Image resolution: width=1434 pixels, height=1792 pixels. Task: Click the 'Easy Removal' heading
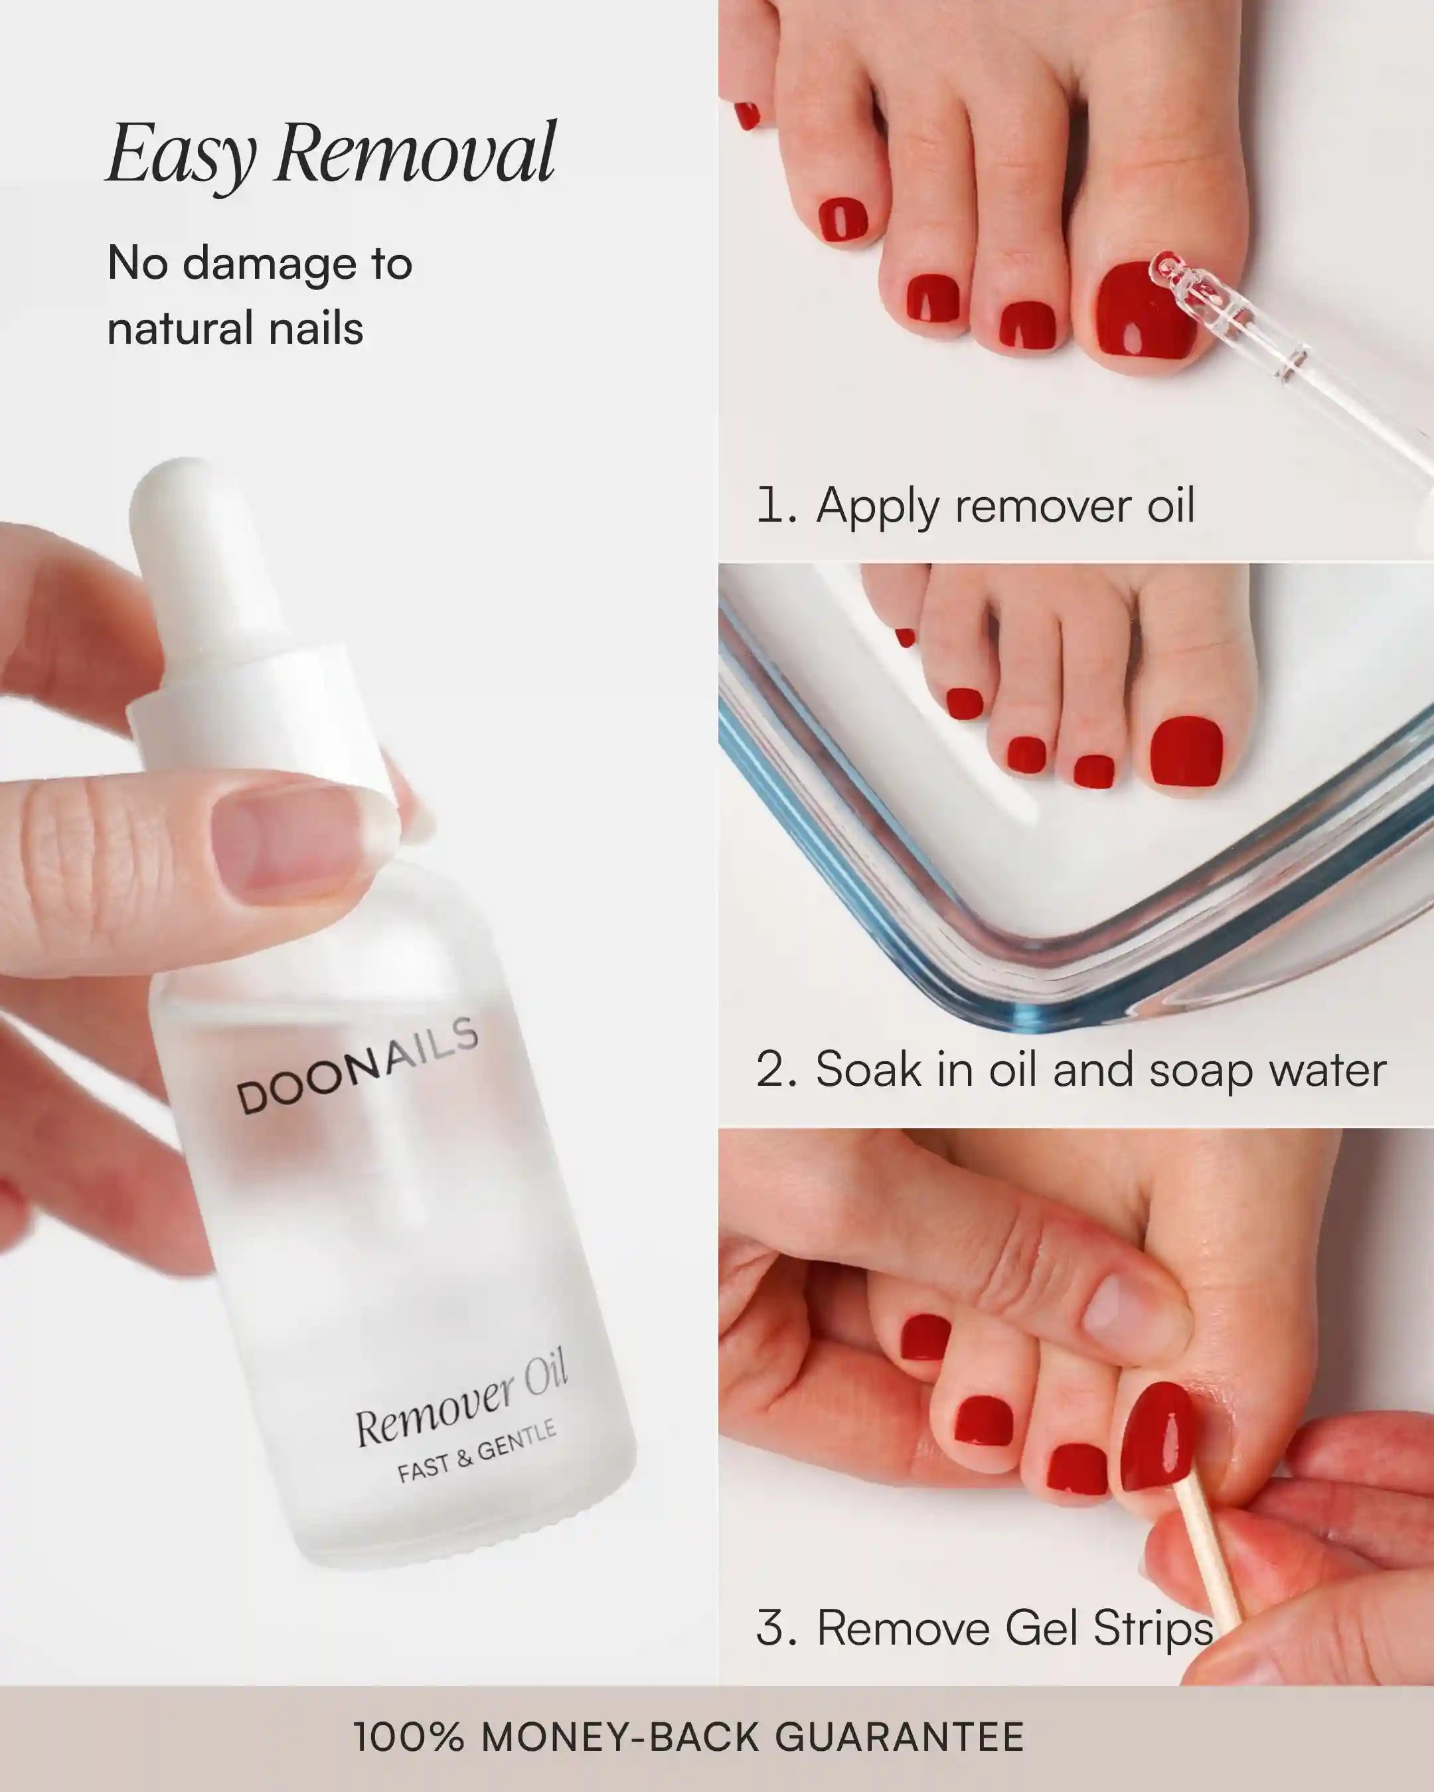tap(331, 155)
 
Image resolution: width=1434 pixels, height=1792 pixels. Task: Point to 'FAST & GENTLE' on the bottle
tap(476, 1452)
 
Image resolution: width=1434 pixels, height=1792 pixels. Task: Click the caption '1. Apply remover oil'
tap(975, 505)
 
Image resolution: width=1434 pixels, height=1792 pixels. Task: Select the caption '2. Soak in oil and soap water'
tap(1071, 1070)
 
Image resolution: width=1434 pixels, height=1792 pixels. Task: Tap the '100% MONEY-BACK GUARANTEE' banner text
tap(688, 1737)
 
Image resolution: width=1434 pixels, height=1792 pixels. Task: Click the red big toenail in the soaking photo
tap(1187, 751)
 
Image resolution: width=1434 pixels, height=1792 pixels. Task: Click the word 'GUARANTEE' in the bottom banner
tap(900, 1737)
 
